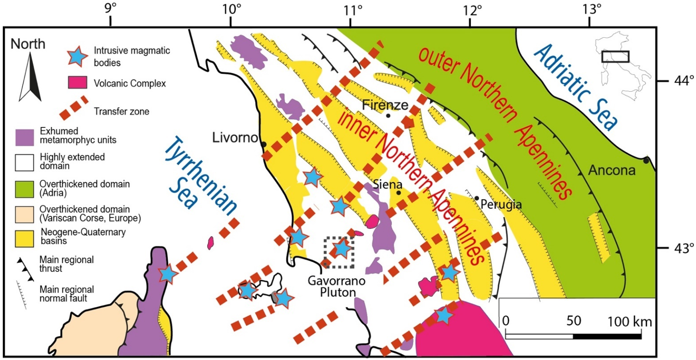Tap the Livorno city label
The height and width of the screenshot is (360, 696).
pyautogui.click(x=234, y=138)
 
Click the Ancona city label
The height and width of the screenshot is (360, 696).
pyautogui.click(x=611, y=171)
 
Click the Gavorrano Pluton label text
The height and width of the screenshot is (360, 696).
pyautogui.click(x=329, y=287)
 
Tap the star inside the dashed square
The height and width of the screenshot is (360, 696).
pyautogui.click(x=342, y=249)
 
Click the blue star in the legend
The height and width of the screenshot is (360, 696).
pyautogui.click(x=78, y=54)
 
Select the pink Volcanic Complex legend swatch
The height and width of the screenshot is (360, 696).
pyautogui.click(x=77, y=83)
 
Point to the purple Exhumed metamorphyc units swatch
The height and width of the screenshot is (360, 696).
pyautogui.click(x=27, y=136)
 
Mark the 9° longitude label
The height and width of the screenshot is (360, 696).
pyautogui.click(x=110, y=9)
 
